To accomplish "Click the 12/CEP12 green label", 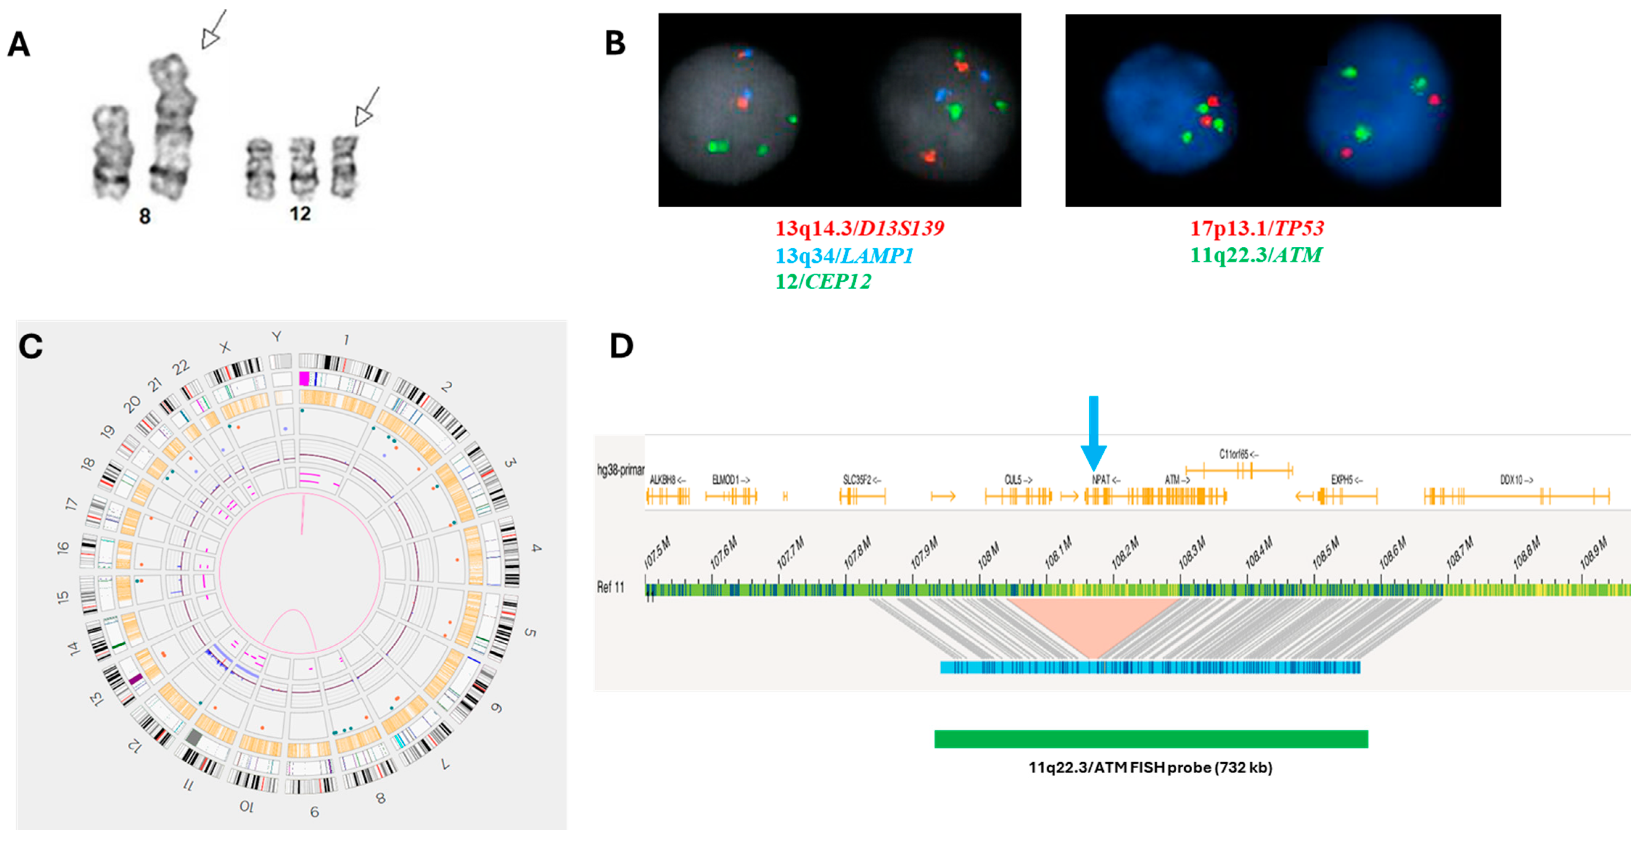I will point(822,281).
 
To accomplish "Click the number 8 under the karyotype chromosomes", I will point(145,216).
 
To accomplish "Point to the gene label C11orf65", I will point(1238,454).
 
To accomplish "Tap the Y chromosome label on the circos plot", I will point(276,336).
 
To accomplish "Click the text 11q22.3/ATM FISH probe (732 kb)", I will point(1150,768).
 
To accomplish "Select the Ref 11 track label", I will point(610,587).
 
